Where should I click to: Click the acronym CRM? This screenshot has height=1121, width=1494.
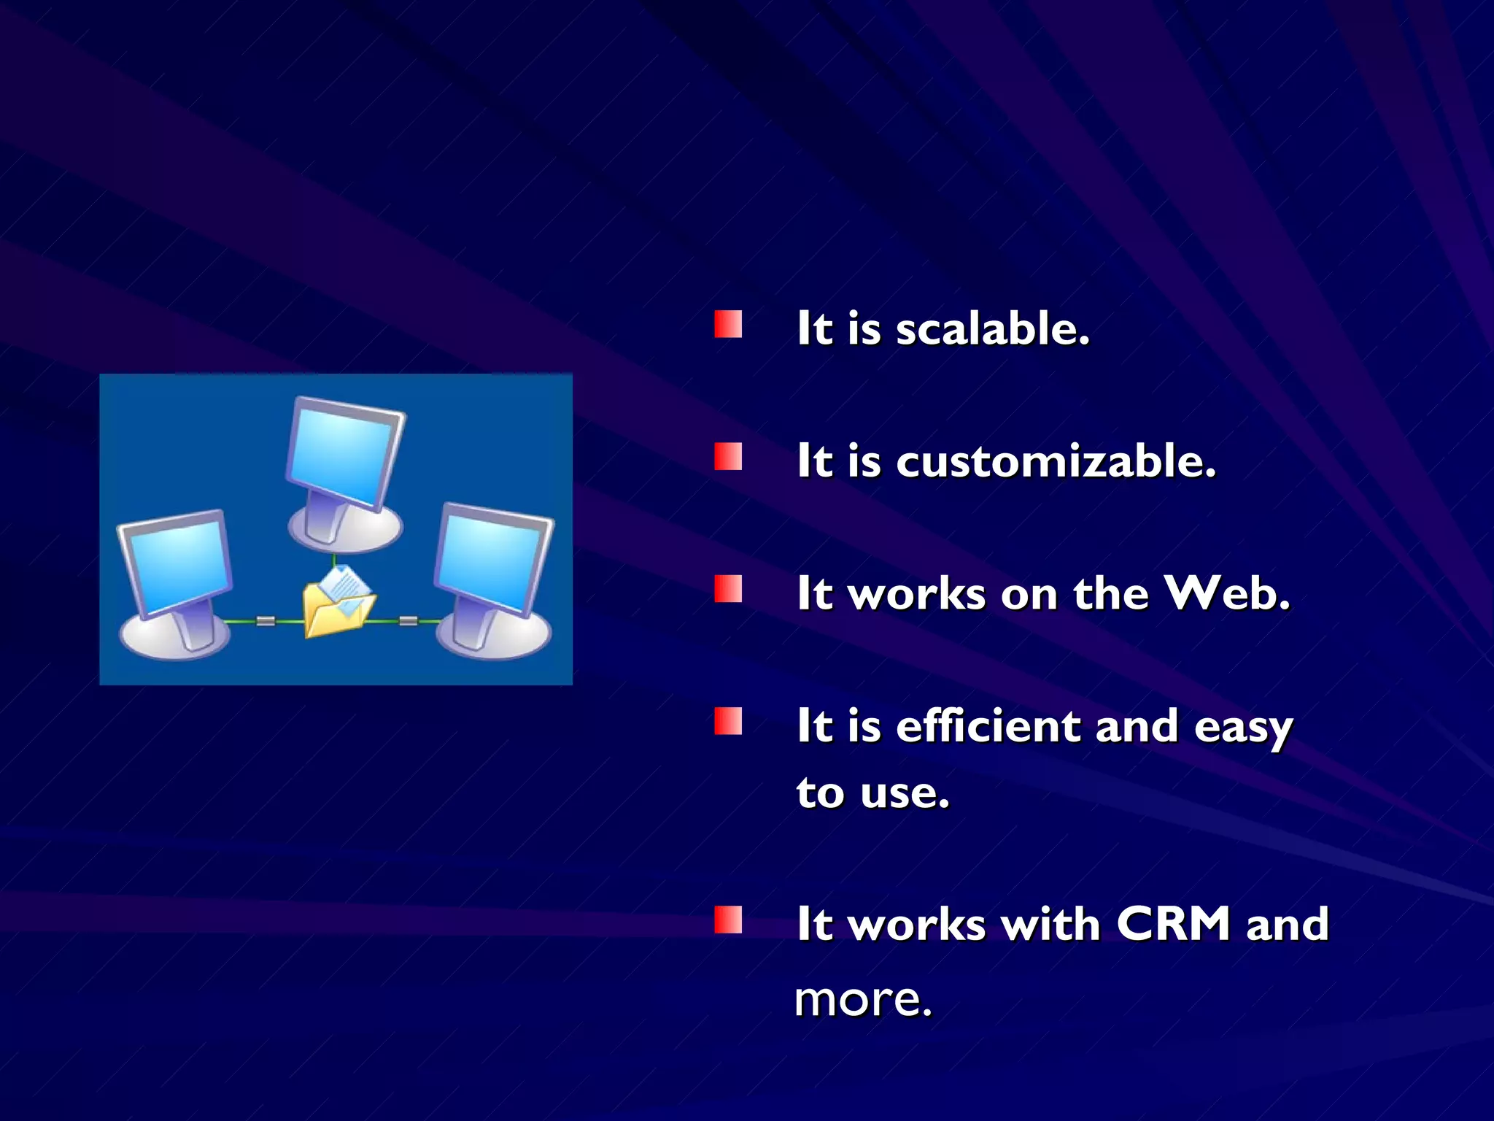click(x=1174, y=924)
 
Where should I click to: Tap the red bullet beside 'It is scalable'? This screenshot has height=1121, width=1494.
click(x=728, y=325)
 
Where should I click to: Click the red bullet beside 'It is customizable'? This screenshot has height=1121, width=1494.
click(x=728, y=457)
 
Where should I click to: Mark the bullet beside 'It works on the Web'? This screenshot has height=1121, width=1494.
click(x=728, y=589)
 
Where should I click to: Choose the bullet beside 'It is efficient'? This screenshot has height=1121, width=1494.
click(x=728, y=721)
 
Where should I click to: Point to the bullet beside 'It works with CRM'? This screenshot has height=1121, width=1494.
click(x=728, y=920)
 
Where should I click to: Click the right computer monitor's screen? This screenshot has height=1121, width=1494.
click(x=493, y=560)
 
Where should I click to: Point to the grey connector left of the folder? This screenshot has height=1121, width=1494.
click(x=266, y=621)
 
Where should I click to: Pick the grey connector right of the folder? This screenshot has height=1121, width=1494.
click(x=409, y=621)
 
